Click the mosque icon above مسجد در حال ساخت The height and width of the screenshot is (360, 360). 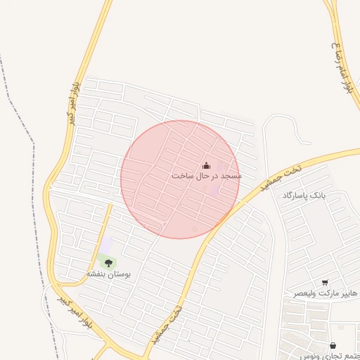(x=206, y=165)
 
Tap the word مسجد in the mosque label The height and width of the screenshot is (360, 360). (x=231, y=176)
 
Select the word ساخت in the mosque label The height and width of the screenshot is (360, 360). (x=182, y=176)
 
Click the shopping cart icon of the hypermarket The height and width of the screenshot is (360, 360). (x=325, y=282)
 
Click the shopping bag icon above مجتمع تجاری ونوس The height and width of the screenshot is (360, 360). (x=333, y=345)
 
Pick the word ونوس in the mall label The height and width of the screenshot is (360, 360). (x=309, y=356)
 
